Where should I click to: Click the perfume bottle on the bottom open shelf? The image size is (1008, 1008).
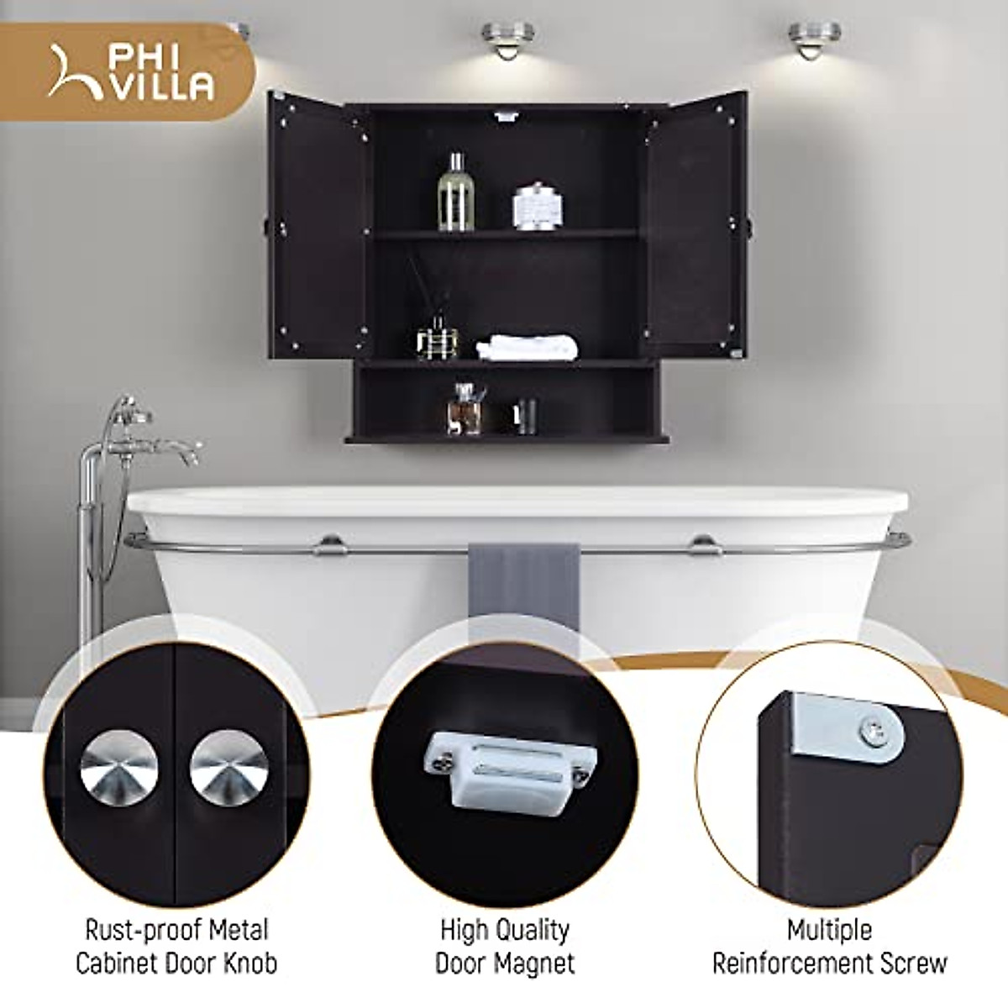(x=463, y=409)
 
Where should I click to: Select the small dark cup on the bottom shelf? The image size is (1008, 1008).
(x=524, y=414)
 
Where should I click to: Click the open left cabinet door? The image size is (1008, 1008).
(x=317, y=227)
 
